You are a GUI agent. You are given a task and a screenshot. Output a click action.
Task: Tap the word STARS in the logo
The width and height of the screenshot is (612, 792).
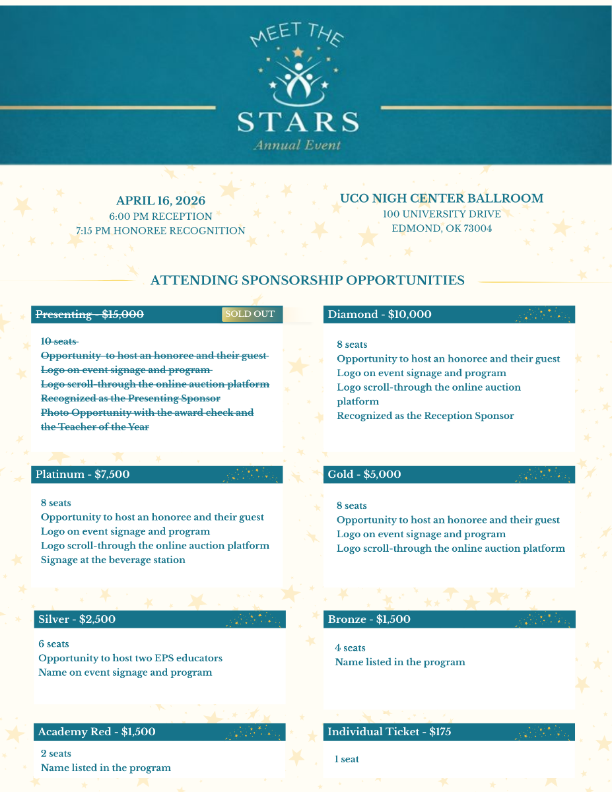click(x=298, y=122)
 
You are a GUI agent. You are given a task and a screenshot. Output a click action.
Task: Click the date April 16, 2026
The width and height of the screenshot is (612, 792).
click(x=160, y=201)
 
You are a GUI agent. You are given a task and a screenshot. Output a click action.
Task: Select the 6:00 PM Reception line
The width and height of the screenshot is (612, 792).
click(x=160, y=216)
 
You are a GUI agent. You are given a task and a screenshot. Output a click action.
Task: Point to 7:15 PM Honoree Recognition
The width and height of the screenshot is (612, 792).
click(x=160, y=230)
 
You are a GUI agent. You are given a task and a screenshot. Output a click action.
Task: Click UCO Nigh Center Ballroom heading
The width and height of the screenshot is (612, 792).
click(x=442, y=198)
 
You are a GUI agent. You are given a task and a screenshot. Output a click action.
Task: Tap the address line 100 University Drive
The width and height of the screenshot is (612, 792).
click(x=442, y=214)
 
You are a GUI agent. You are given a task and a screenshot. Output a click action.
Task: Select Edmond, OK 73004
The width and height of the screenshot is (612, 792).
click(x=442, y=228)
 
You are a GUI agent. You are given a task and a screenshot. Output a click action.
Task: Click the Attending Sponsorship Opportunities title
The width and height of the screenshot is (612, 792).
click(x=307, y=280)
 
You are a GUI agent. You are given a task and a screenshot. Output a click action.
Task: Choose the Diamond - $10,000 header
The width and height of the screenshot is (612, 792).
click(x=380, y=315)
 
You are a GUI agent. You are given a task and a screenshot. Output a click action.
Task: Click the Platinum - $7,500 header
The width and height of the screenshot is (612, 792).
click(x=83, y=474)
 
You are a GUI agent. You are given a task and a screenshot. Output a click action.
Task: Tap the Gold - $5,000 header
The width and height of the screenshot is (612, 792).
click(x=364, y=474)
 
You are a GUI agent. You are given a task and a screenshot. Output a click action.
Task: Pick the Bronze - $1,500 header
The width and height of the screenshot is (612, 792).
click(x=369, y=619)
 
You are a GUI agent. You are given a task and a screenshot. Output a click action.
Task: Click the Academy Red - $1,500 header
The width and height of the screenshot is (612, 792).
click(x=96, y=731)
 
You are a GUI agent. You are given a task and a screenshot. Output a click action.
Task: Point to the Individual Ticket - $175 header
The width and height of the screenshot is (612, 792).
click(x=390, y=731)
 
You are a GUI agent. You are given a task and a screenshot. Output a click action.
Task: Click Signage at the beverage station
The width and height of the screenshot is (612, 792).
click(x=113, y=560)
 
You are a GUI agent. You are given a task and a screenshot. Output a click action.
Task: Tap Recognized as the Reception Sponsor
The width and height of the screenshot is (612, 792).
click(x=425, y=416)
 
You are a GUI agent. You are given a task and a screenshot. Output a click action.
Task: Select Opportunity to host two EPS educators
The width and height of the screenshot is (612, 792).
click(x=130, y=658)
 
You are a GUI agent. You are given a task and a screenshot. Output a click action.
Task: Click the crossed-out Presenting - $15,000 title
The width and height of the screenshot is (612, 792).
click(x=89, y=315)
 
